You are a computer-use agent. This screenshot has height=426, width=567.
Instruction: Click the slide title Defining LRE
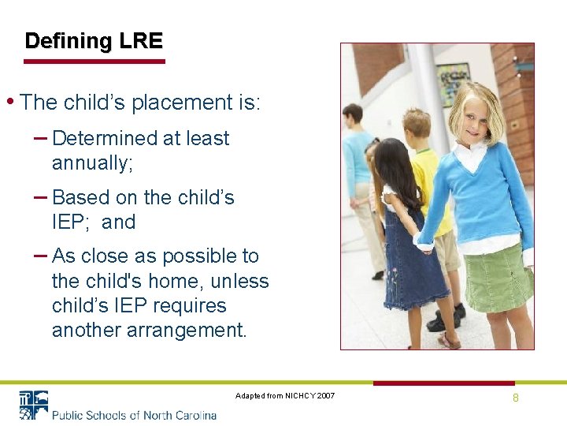click(x=93, y=41)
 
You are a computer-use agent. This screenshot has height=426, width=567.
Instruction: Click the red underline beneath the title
click(x=94, y=61)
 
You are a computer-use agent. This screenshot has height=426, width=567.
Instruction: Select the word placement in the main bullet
click(x=177, y=103)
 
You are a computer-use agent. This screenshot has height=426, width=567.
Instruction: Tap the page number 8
click(x=516, y=398)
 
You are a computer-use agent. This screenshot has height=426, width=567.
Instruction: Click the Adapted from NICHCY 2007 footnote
click(x=284, y=395)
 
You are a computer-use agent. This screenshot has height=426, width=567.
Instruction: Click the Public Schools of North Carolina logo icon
click(x=33, y=405)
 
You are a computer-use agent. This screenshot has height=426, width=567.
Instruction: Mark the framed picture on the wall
click(x=452, y=83)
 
